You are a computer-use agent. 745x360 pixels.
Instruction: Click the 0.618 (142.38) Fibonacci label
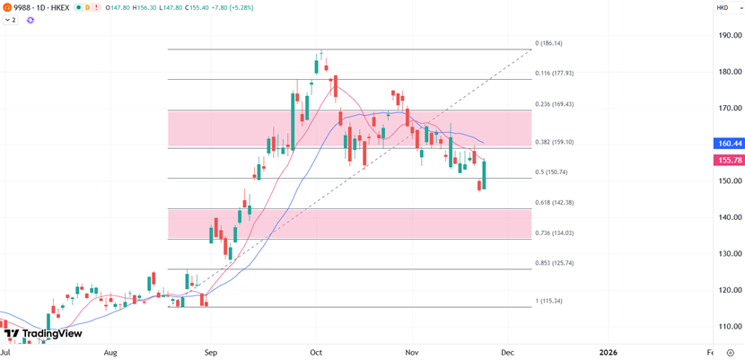555,203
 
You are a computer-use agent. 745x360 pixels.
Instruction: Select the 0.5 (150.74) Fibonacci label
552,172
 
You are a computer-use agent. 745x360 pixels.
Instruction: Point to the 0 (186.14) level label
548,43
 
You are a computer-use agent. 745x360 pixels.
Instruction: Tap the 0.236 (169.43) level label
555,104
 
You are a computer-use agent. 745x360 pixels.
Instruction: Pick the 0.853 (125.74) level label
555,263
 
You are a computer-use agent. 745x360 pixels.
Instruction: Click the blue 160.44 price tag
730,144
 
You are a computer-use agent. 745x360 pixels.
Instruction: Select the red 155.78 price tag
730,160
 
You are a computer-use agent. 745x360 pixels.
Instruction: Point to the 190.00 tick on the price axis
729,36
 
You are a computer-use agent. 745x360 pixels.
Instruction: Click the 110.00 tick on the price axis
729,327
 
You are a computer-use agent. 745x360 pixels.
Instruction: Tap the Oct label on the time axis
315,352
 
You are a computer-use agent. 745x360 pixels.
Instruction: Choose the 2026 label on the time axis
609,352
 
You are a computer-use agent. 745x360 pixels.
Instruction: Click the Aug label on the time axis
110,352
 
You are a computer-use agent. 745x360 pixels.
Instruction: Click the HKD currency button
723,8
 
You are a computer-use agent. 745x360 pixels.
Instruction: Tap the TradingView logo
43,334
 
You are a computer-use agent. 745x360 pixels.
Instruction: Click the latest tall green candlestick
484,175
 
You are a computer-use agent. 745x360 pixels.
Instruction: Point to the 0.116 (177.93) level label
555,74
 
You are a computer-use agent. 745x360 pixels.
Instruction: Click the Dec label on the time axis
507,352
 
